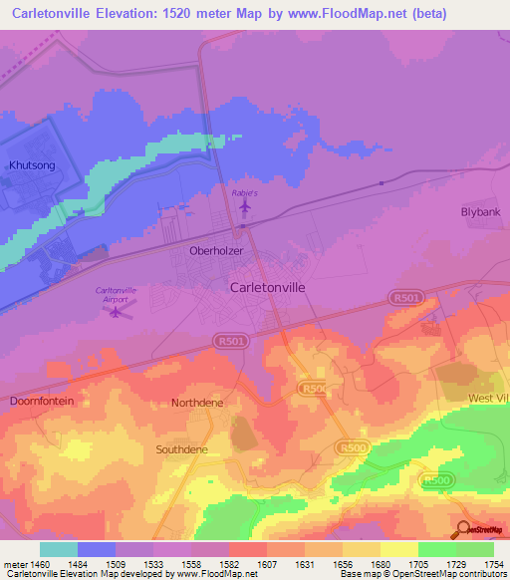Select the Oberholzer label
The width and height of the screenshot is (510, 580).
tap(216, 251)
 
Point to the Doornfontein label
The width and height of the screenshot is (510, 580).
tap(42, 401)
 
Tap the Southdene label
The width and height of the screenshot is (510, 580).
tap(180, 449)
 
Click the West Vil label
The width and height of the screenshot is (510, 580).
tap(488, 398)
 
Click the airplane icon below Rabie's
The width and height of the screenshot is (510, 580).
tap(245, 206)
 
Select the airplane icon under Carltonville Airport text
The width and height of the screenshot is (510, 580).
tap(118, 313)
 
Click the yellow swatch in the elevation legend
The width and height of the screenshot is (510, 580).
tap(398, 549)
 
